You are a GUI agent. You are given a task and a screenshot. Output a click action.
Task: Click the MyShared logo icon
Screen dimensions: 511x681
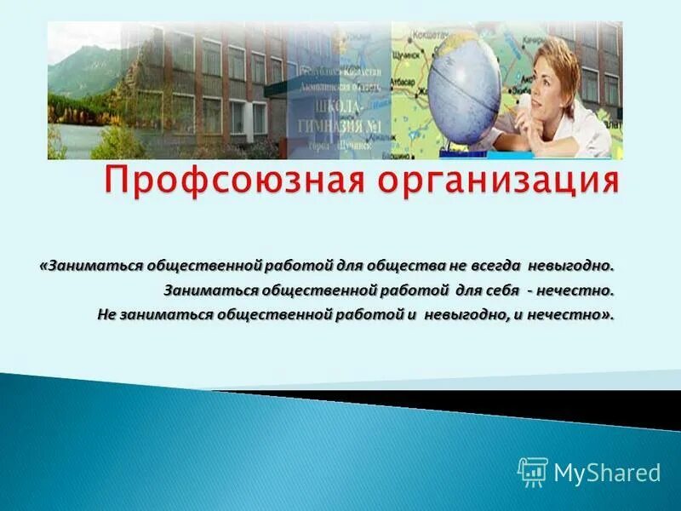point(532,471)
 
